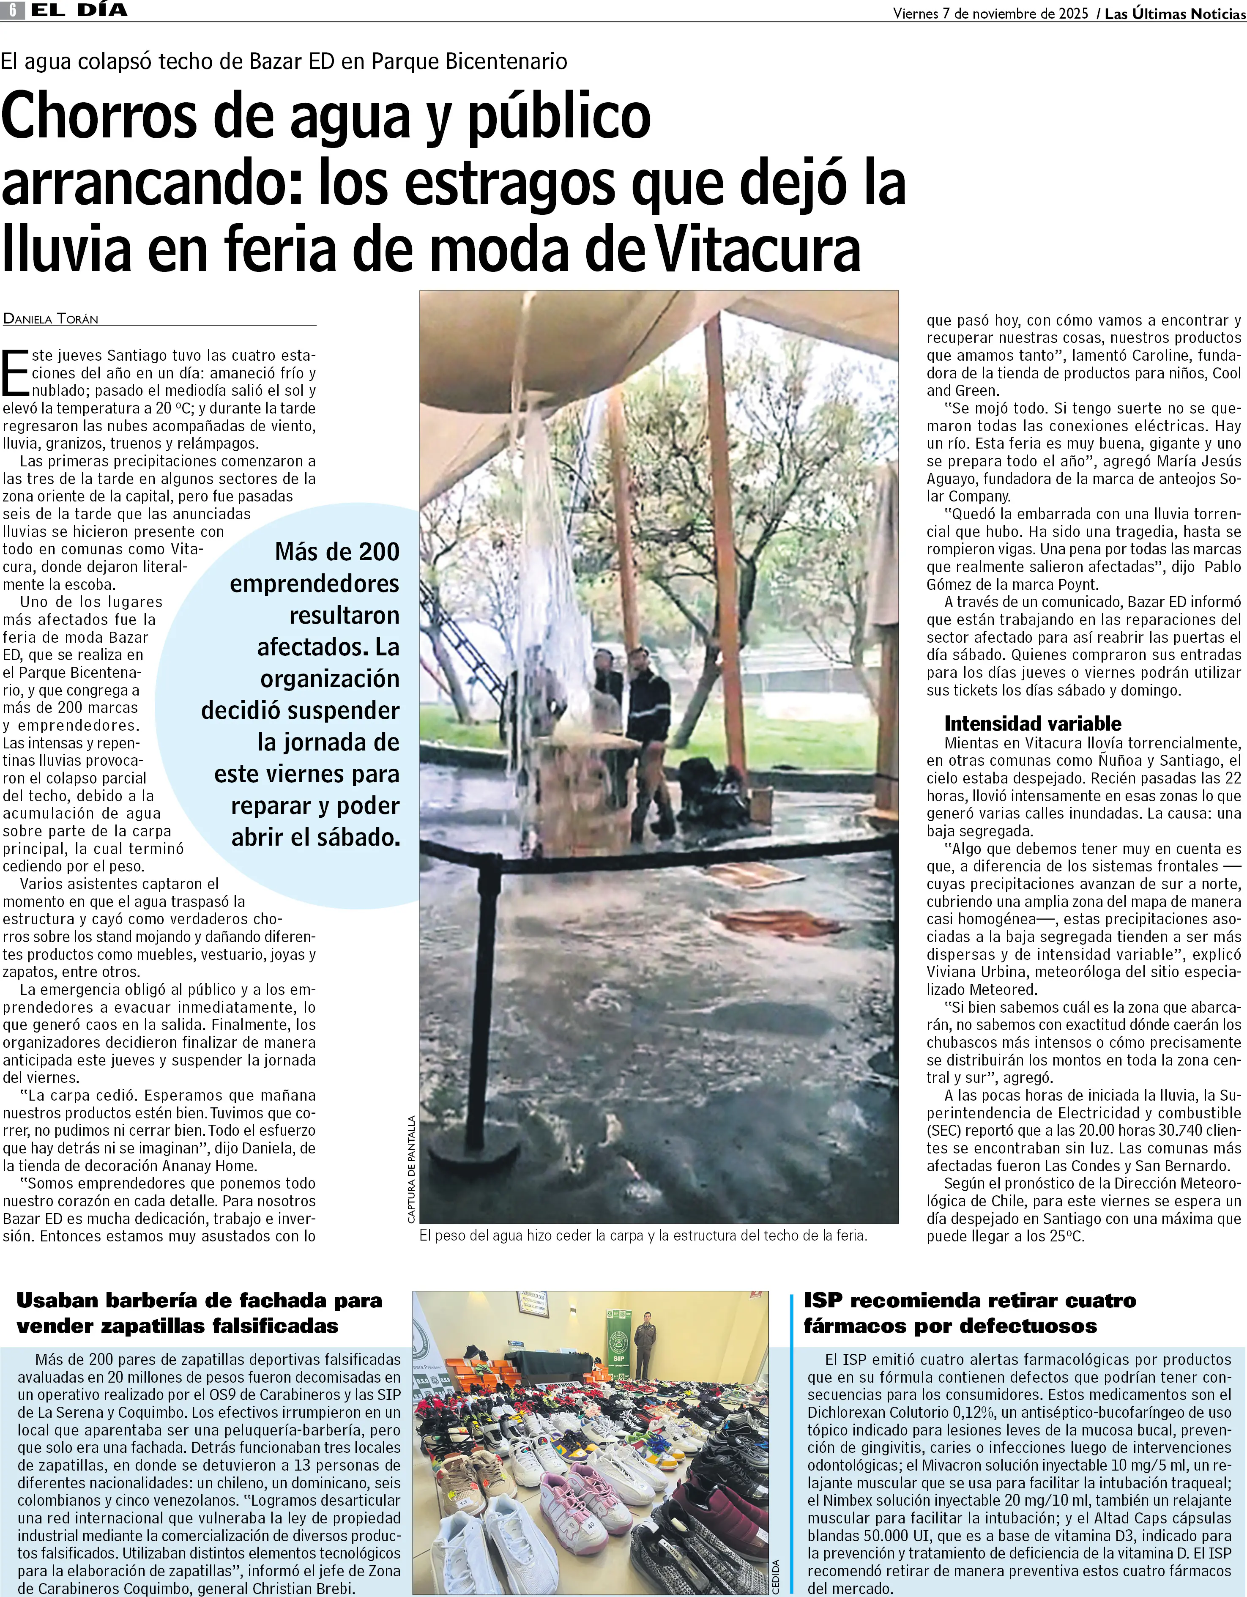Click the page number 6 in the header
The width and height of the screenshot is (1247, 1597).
(13, 10)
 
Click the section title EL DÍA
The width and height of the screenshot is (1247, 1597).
(79, 10)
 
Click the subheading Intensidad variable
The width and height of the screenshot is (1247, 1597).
(1032, 724)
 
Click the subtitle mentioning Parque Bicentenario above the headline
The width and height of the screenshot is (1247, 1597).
(284, 61)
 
